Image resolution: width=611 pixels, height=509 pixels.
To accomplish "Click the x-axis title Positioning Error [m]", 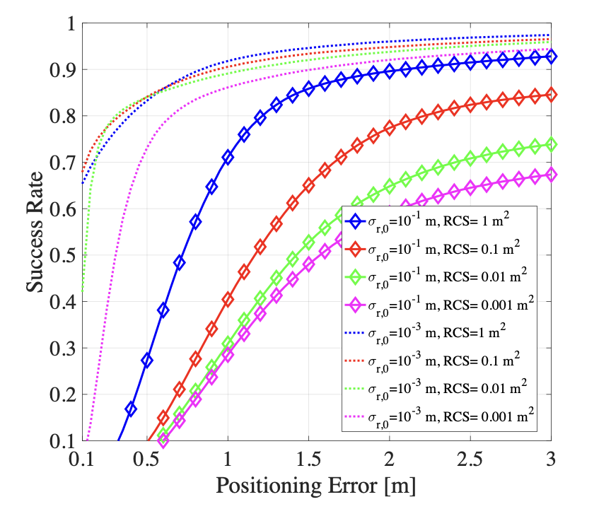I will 315,486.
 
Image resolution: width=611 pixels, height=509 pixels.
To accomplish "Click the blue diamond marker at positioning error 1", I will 228,158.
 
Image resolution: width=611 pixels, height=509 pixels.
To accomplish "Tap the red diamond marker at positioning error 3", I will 551,95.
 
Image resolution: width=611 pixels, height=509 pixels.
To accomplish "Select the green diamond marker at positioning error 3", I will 551,144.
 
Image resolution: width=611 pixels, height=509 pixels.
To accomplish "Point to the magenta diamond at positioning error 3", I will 551,175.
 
